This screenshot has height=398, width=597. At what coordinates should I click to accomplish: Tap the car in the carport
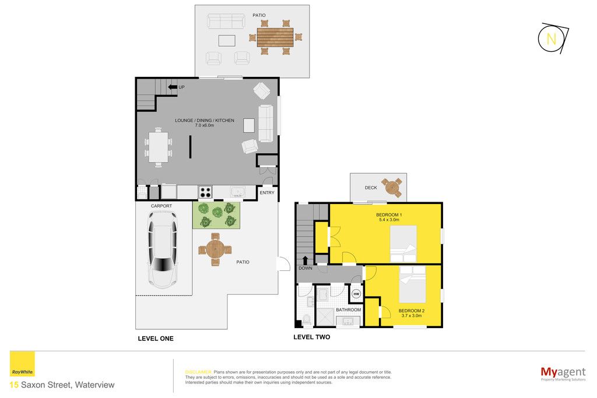click(x=163, y=249)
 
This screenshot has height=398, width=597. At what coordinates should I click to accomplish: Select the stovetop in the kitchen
click(x=205, y=192)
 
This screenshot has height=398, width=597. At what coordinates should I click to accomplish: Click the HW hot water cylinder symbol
click(x=356, y=294)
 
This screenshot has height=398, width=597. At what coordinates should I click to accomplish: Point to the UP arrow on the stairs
click(x=173, y=87)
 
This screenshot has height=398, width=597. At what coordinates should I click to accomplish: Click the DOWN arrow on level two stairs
click(x=305, y=260)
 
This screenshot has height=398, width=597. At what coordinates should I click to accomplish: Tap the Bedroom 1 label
click(x=389, y=215)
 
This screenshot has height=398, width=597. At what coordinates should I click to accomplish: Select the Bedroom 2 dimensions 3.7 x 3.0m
click(x=411, y=315)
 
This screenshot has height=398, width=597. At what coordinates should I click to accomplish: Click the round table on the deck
click(x=392, y=187)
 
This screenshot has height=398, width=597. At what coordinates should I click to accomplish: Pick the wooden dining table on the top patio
click(x=275, y=37)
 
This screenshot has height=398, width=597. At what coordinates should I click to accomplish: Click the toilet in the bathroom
click(x=307, y=319)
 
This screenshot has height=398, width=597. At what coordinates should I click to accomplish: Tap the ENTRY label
click(x=267, y=193)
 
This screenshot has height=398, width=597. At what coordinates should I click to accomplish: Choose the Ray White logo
click(x=22, y=364)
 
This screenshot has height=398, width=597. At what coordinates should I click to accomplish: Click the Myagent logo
click(x=563, y=374)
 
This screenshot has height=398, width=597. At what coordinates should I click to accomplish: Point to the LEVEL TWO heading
click(x=311, y=337)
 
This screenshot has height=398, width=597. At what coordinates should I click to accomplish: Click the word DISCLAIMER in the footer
click(x=198, y=372)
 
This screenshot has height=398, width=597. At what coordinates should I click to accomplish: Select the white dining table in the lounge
click(x=158, y=147)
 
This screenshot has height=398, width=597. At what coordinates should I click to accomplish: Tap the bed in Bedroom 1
click(x=403, y=244)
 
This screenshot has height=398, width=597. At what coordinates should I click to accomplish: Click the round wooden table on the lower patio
click(x=215, y=249)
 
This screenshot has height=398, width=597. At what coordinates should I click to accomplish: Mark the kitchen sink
click(x=238, y=191)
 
